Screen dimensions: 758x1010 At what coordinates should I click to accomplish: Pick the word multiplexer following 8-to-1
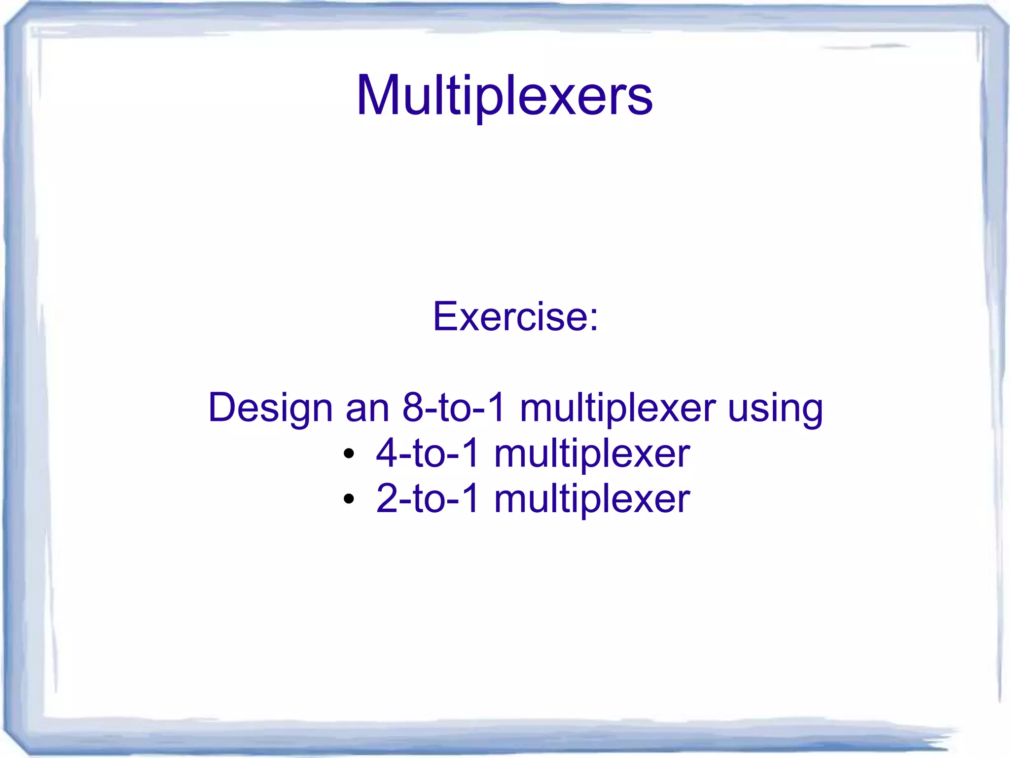click(x=617, y=409)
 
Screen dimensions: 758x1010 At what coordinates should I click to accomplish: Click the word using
click(x=775, y=409)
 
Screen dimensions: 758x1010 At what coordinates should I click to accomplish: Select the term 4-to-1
click(x=428, y=453)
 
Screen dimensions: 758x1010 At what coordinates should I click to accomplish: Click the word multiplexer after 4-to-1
click(x=592, y=454)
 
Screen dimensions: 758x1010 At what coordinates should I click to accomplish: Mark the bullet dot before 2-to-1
click(x=349, y=499)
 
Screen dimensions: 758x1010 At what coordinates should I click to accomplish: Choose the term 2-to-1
click(x=428, y=498)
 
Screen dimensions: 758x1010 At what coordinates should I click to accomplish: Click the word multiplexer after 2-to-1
click(x=592, y=499)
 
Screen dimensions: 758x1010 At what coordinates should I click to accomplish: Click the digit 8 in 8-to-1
click(x=413, y=408)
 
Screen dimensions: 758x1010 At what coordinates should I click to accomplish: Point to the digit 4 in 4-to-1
click(x=387, y=453)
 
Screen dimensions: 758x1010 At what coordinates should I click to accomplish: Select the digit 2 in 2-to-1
click(x=387, y=498)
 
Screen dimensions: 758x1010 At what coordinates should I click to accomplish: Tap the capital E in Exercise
click(x=446, y=316)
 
